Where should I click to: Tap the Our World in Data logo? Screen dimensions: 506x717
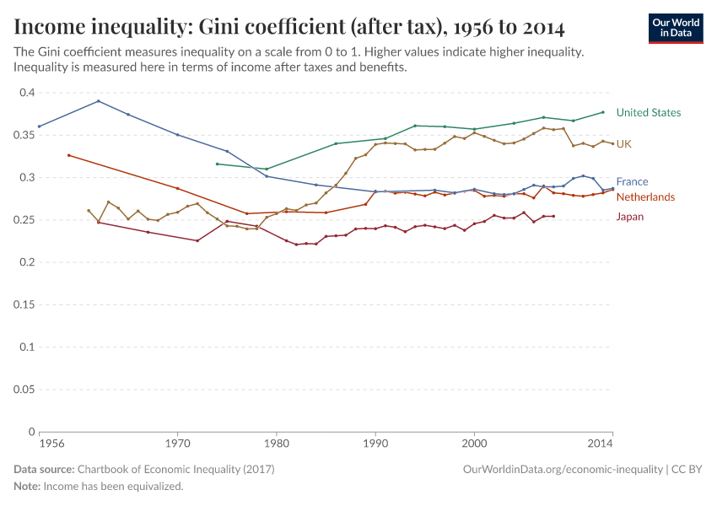click(x=676, y=28)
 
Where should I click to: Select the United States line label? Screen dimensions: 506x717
click(x=648, y=112)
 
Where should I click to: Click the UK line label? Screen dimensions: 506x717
click(x=623, y=144)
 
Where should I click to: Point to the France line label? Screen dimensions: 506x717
click(x=632, y=181)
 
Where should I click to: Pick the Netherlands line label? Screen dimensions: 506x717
click(x=645, y=196)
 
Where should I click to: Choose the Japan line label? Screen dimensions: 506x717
click(x=630, y=217)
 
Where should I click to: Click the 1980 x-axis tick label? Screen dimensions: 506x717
click(x=276, y=442)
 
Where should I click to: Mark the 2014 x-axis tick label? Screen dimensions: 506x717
click(x=600, y=442)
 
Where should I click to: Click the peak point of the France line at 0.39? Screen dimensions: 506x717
click(x=99, y=101)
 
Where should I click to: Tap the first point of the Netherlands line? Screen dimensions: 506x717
click(x=68, y=155)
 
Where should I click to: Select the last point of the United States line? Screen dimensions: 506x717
click(x=603, y=112)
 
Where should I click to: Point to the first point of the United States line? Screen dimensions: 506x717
click(x=217, y=164)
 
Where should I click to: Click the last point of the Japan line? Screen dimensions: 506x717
click(x=553, y=217)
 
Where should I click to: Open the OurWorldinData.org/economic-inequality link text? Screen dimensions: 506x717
click(x=562, y=469)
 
